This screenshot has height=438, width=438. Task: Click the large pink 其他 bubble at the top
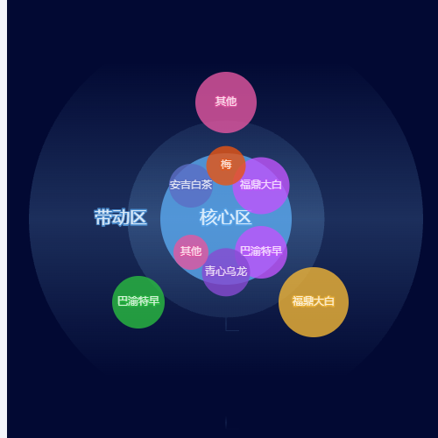click(226, 102)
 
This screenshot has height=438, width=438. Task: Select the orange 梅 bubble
click(226, 166)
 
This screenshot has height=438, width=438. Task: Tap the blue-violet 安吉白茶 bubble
click(191, 186)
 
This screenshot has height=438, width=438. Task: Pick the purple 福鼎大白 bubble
click(261, 186)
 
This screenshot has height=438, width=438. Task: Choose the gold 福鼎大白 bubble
click(314, 302)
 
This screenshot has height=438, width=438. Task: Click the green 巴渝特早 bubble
click(138, 302)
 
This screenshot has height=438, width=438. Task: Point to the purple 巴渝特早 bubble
click(261, 252)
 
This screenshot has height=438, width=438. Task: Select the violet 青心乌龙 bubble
click(226, 272)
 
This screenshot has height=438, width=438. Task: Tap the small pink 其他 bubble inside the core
click(191, 252)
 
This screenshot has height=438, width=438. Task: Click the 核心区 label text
click(225, 217)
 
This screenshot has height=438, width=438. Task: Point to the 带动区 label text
click(120, 217)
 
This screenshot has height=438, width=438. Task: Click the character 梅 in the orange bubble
click(226, 165)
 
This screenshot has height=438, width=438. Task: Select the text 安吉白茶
click(191, 185)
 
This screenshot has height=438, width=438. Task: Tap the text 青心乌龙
click(226, 272)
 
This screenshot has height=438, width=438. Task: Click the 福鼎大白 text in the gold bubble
click(314, 301)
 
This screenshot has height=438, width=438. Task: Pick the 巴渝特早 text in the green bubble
click(138, 301)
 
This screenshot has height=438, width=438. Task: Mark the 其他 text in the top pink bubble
click(226, 102)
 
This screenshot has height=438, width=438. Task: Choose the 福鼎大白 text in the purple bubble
click(261, 185)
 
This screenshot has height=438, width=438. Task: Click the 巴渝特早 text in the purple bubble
click(261, 251)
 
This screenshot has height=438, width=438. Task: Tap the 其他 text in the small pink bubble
click(191, 251)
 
